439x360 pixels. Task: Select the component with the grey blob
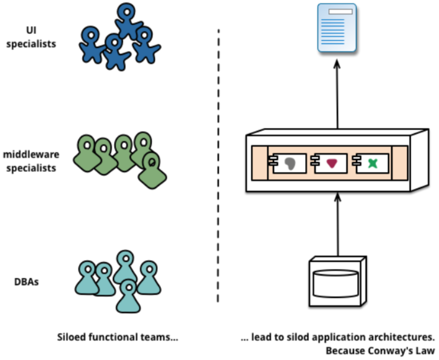288,163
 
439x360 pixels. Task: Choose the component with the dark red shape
330,163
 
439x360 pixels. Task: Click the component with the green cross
372,163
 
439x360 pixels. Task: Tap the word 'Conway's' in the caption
395,351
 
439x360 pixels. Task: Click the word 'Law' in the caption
426,351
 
